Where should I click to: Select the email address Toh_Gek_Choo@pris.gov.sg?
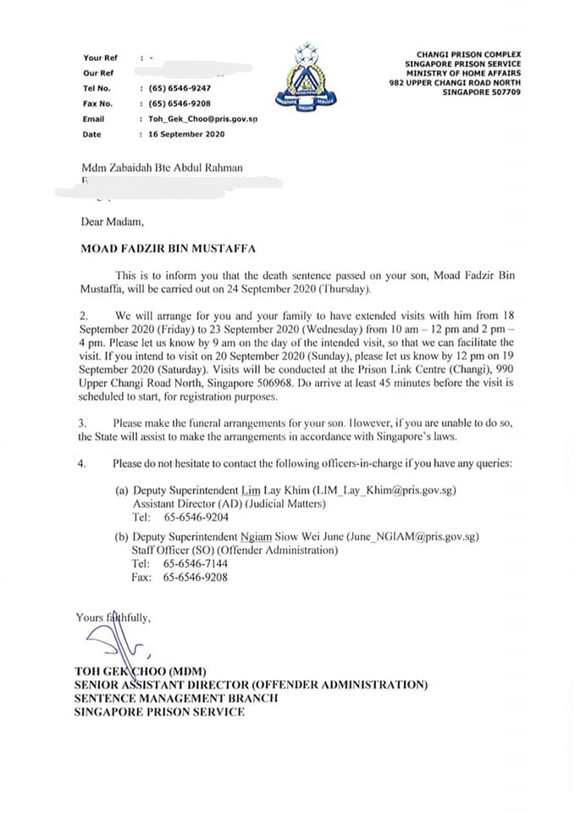click(202, 119)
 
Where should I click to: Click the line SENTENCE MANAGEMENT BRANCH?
click(176, 698)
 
